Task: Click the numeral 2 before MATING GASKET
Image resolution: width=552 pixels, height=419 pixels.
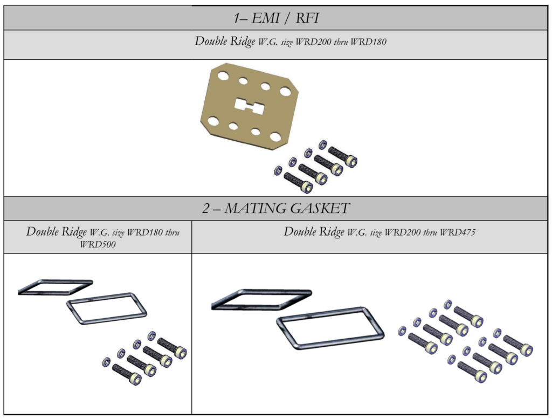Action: point(205,208)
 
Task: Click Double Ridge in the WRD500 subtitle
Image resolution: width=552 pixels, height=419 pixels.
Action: point(56,232)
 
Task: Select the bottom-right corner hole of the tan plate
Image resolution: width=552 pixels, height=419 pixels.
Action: point(275,137)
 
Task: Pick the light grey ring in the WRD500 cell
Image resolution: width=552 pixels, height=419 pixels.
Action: point(107,308)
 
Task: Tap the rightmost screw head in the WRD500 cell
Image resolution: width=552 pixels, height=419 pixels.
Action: point(180,352)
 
